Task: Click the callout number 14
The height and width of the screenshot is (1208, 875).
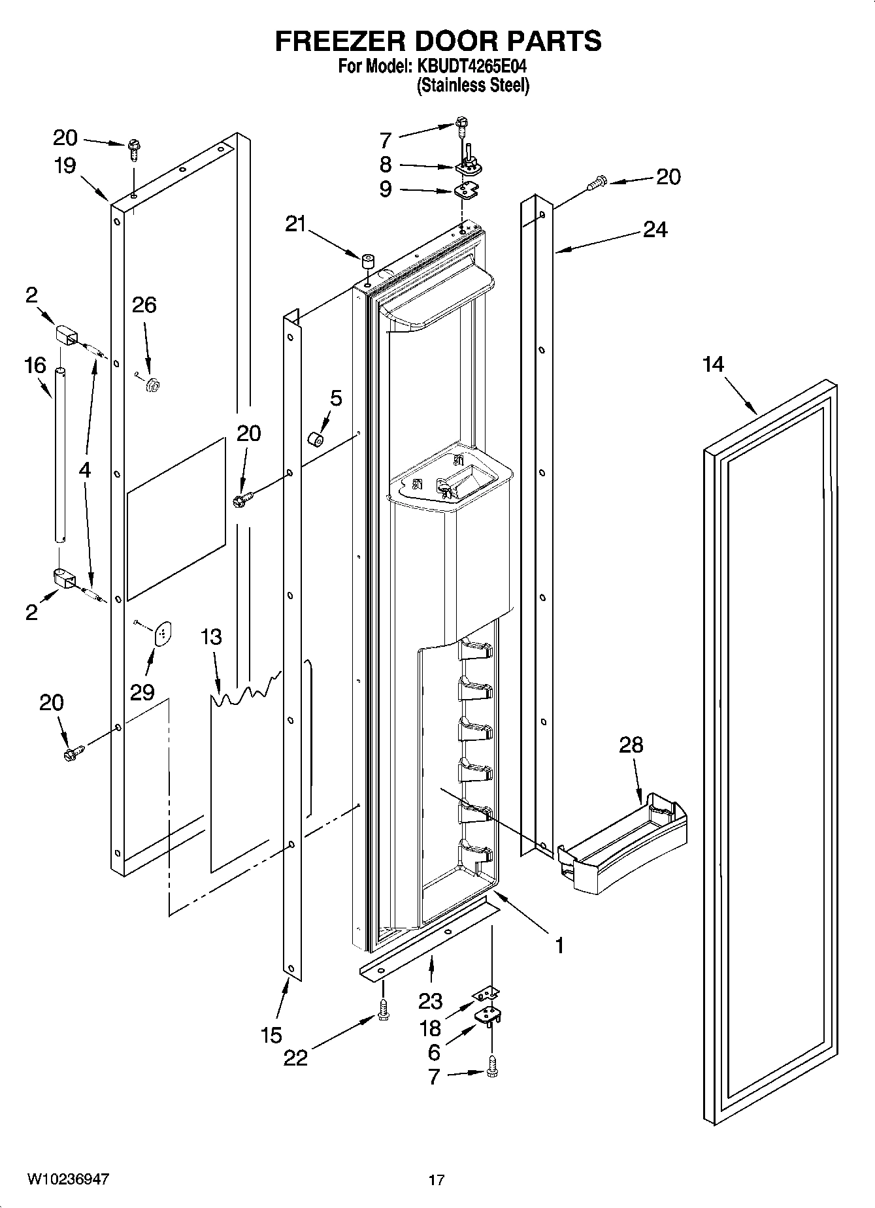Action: click(713, 364)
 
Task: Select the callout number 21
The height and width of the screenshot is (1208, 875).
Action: click(295, 224)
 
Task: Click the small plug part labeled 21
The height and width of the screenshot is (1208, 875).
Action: click(368, 263)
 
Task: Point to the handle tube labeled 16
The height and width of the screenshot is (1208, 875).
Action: click(60, 455)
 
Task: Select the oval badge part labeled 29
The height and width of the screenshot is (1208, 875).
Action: click(162, 632)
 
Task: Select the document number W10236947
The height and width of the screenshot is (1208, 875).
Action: click(68, 1179)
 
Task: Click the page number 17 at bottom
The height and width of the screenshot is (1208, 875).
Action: click(437, 1180)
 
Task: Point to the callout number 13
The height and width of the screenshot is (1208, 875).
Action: click(211, 636)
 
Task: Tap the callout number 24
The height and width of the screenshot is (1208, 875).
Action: click(655, 229)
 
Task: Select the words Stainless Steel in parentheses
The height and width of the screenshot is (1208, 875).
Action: click(473, 86)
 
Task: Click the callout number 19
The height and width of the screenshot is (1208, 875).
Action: click(65, 166)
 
